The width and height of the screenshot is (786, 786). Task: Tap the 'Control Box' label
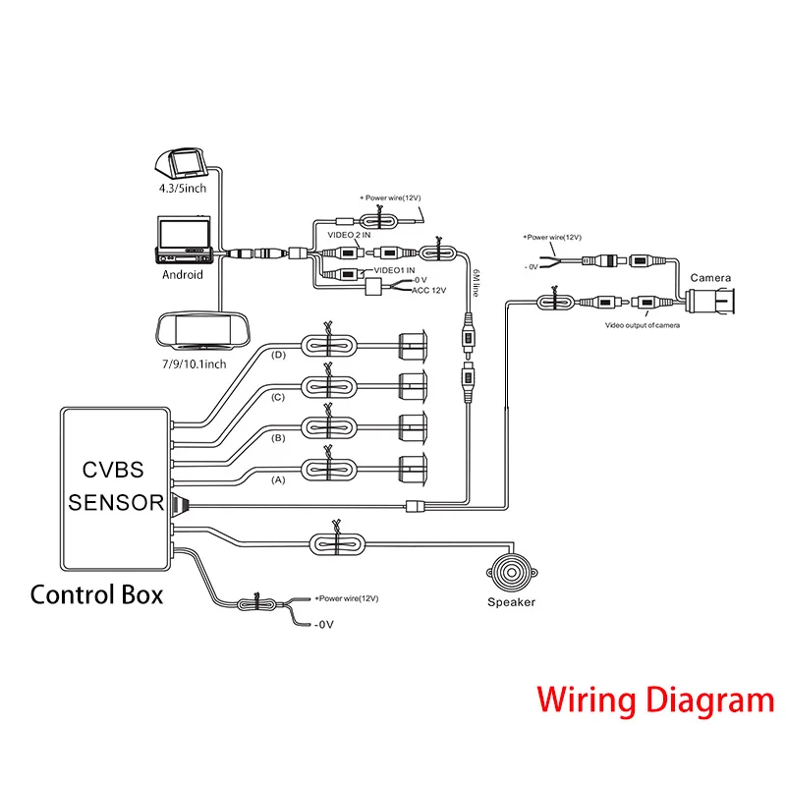[x=96, y=594]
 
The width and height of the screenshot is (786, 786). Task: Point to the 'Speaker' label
[x=512, y=602]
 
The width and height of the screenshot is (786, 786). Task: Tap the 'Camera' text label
[x=708, y=278]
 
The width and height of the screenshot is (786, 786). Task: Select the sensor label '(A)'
[x=278, y=480]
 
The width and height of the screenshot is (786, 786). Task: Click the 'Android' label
[x=182, y=275]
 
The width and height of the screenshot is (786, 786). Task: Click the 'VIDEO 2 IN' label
[x=350, y=237]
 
